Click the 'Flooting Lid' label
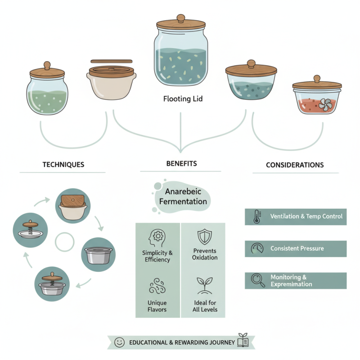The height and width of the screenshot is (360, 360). pos(183,98)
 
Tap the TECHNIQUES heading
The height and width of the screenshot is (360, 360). pos(63,165)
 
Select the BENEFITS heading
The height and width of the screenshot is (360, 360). pos(181,163)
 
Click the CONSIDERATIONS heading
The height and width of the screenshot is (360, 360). pos(294,165)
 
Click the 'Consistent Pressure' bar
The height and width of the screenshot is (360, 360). pos(296,248)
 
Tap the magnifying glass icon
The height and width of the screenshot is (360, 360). pos(258,280)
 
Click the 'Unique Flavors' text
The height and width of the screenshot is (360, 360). pos(157,306)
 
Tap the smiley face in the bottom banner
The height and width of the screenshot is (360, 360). pos(119,342)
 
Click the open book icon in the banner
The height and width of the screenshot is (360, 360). pos(243,342)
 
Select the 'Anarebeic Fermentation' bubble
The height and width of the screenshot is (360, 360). pos(180,197)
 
